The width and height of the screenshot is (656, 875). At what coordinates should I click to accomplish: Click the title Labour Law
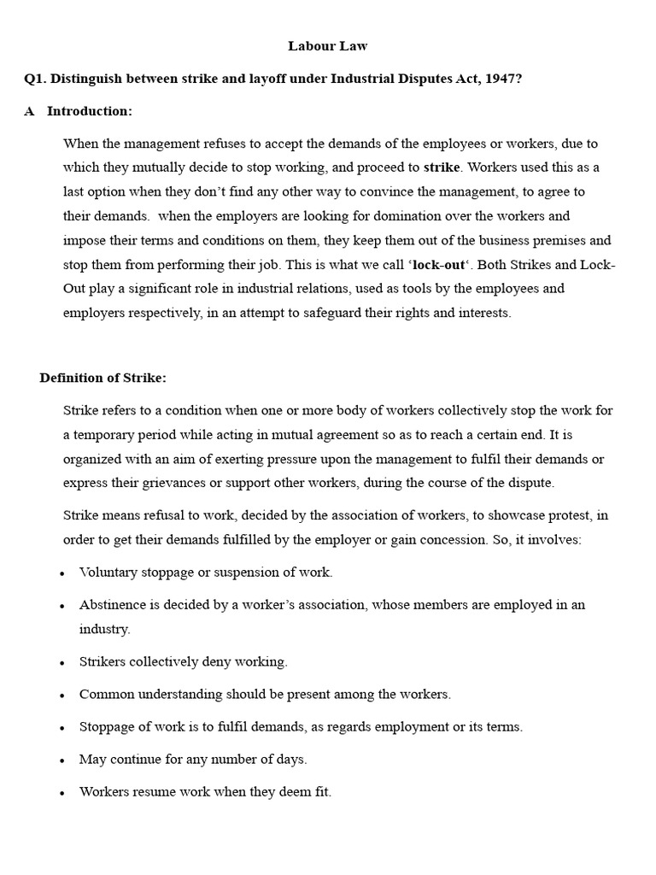click(327, 45)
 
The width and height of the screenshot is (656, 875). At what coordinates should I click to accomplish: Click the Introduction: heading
click(90, 111)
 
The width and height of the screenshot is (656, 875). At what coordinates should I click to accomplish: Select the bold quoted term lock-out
click(439, 264)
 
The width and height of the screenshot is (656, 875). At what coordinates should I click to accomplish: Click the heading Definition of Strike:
click(103, 378)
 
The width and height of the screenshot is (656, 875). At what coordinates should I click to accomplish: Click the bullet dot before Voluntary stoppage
click(62, 573)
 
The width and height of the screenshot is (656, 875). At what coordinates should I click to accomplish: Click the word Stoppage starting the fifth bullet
click(107, 727)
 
